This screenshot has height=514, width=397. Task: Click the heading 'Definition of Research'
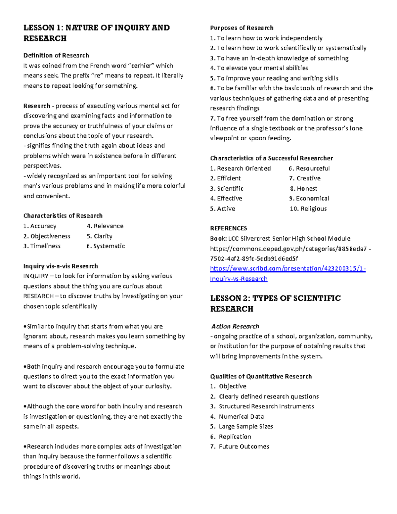pyautogui.click(x=56, y=55)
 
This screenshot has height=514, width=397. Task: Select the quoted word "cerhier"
pyautogui.click(x=141, y=66)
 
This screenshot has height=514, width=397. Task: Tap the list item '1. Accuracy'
pyautogui.click(x=40, y=226)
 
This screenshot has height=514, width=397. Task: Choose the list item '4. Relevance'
pyautogui.click(x=105, y=226)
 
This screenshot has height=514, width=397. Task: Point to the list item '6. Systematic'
pyautogui.click(x=106, y=246)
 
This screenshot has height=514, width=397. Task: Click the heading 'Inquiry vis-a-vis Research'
pyautogui.click(x=61, y=266)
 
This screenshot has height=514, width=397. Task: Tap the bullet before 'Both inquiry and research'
pyautogui.click(x=25, y=367)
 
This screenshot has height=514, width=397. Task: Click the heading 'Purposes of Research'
pyautogui.click(x=242, y=28)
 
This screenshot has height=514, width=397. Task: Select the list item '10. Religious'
pyautogui.click(x=308, y=209)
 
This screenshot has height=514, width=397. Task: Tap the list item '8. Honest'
pyautogui.click(x=303, y=188)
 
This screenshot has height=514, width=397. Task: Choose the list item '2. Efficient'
pyautogui.click(x=225, y=178)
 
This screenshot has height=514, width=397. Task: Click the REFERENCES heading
pyautogui.click(x=228, y=228)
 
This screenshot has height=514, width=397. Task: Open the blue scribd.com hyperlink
pyautogui.click(x=287, y=268)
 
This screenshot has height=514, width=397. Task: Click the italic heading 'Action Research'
pyautogui.click(x=235, y=326)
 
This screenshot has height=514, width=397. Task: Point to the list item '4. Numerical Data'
pyautogui.click(x=237, y=416)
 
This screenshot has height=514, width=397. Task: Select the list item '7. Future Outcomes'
pyautogui.click(x=240, y=446)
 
